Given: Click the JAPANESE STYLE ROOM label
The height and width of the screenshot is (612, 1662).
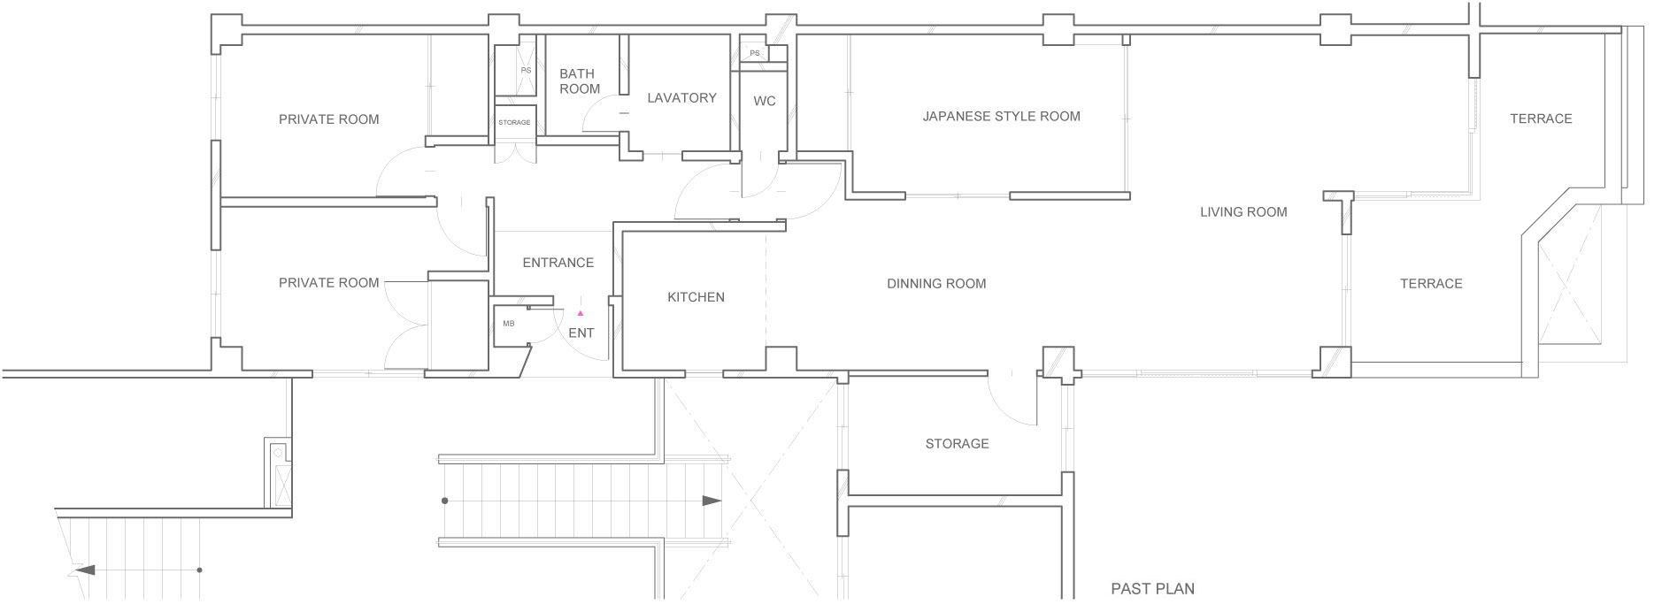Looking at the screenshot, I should [x=1001, y=116].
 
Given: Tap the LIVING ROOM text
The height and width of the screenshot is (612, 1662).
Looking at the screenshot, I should [x=1243, y=211].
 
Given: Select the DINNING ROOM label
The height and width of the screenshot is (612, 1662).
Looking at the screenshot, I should [x=935, y=284].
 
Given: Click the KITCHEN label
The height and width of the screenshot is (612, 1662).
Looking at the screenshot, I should [x=696, y=297].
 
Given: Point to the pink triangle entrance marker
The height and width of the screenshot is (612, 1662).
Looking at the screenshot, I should [x=581, y=313].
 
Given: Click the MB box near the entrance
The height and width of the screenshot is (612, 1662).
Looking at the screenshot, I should [x=509, y=324].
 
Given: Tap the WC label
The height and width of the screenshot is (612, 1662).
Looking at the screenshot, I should [x=764, y=101].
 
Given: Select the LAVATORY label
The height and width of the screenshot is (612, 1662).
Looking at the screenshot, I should [x=681, y=97].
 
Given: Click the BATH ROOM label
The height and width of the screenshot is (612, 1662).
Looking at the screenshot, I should [x=579, y=81].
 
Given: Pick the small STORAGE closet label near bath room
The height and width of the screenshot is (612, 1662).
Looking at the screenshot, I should [x=514, y=122].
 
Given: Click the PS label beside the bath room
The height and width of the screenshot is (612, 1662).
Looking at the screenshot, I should [x=526, y=70].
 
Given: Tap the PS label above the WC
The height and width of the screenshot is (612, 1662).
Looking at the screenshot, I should [x=754, y=53].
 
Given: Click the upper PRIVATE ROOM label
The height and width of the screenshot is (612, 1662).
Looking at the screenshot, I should [x=328, y=119].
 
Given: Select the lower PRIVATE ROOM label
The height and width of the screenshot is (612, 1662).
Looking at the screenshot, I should [x=328, y=283].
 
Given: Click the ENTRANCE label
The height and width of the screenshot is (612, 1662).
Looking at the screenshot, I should [x=558, y=263].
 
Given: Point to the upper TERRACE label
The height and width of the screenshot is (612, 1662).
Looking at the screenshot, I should [x=1540, y=119].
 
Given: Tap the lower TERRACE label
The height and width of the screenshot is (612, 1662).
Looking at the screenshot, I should [x=1430, y=284].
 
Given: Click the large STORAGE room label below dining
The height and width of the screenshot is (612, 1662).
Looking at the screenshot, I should [x=957, y=444].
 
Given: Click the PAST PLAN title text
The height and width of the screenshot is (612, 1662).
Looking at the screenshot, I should [x=1152, y=589].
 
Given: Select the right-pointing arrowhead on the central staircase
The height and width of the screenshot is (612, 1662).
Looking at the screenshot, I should [x=712, y=501].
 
